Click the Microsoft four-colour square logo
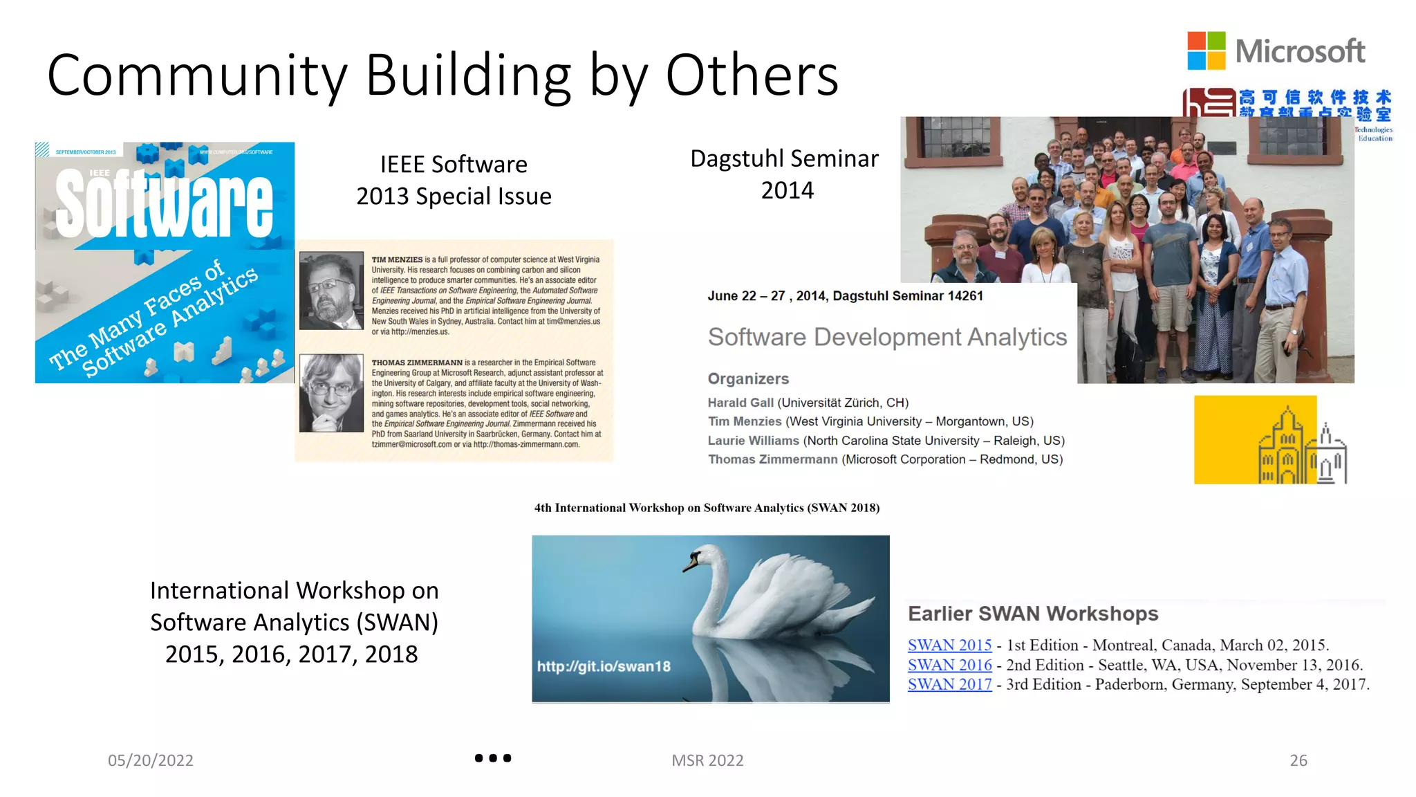click(x=1206, y=51)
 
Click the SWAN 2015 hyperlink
click(x=949, y=645)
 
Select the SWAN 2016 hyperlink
click(x=949, y=665)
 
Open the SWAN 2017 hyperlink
click(x=949, y=684)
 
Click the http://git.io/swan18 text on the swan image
click(x=604, y=666)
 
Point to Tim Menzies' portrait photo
click(x=331, y=291)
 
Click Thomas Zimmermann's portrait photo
click(x=331, y=393)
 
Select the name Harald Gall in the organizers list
click(x=740, y=403)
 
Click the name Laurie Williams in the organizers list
click(x=753, y=441)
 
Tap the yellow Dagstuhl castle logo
click(x=1269, y=440)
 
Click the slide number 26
click(x=1298, y=760)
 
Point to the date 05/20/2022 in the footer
click(x=151, y=760)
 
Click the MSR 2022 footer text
click(x=707, y=760)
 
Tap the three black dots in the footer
click(x=493, y=758)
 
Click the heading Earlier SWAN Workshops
click(x=1033, y=614)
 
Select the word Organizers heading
click(x=748, y=378)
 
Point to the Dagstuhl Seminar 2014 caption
click(x=785, y=174)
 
